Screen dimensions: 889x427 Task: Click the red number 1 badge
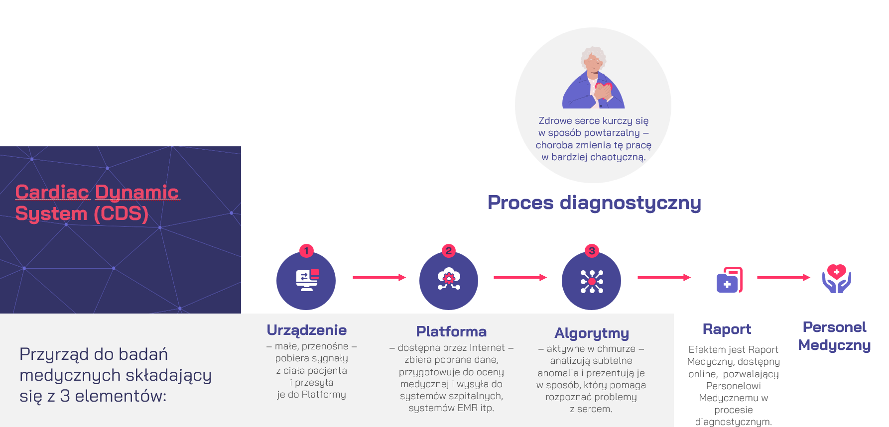[x=306, y=251]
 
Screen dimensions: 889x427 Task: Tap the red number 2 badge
[x=449, y=251]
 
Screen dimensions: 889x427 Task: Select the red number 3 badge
[x=592, y=251]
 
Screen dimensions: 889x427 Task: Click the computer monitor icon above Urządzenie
[x=307, y=280]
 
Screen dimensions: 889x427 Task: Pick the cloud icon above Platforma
[x=449, y=279]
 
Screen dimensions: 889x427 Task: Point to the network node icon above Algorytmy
[x=592, y=281]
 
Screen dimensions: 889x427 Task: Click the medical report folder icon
[x=730, y=280]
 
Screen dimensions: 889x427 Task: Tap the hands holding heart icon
[x=837, y=279]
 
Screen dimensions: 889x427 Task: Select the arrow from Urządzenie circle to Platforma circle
[x=379, y=277]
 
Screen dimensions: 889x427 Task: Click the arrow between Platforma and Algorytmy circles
[x=520, y=277]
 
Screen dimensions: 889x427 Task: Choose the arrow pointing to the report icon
[x=664, y=277]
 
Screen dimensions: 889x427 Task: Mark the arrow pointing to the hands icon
[x=783, y=277]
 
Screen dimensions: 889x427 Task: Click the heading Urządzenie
[x=307, y=330]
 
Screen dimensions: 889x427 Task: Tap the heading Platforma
[x=451, y=331]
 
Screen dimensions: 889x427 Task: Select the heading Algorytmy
[x=592, y=333]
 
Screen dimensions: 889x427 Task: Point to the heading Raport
[x=727, y=329]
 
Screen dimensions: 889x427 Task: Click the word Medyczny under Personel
[x=835, y=345]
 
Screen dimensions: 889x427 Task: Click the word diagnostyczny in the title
[x=631, y=203]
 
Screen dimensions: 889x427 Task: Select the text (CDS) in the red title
[x=121, y=213]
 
